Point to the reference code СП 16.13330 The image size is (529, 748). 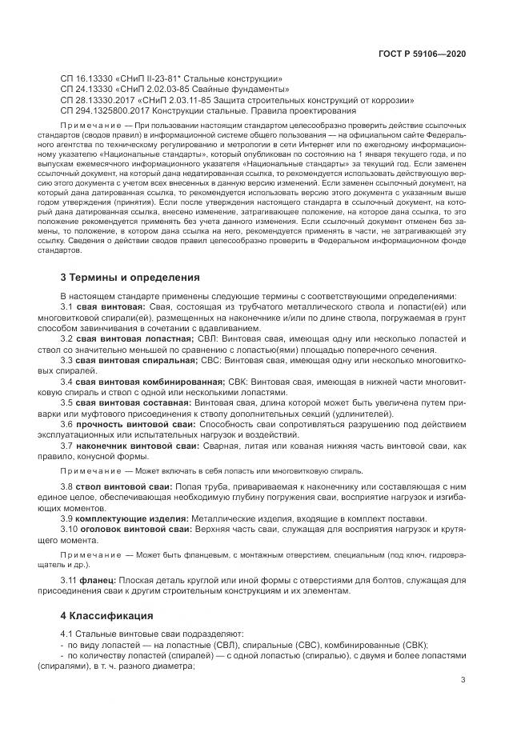tap(90, 78)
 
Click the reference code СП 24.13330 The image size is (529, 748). tap(90, 90)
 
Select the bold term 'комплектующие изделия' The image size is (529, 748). tap(135, 518)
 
